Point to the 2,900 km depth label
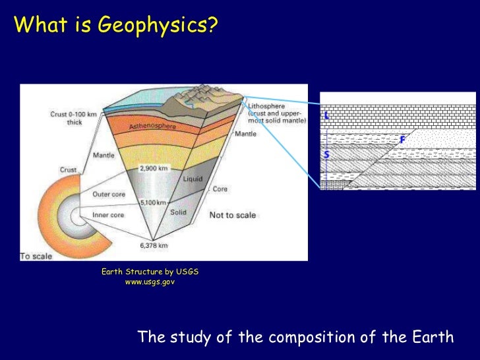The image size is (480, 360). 154,168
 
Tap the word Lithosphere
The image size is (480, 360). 267,104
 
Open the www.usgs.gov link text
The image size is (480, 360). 150,282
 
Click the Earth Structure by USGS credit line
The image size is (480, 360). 150,272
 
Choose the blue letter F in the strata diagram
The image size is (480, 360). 402,140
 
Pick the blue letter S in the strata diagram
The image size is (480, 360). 326,155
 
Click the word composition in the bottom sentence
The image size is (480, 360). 312,338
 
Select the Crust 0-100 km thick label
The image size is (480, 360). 74,118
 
